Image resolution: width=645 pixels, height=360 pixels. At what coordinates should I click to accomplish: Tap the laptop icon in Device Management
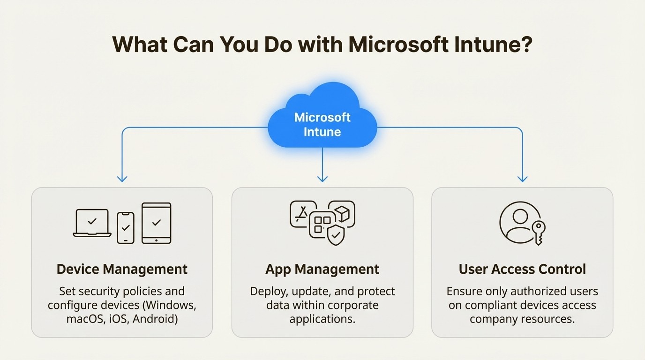pyautogui.click(x=92, y=223)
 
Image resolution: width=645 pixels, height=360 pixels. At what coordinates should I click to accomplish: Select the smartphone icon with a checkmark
pyautogui.click(x=125, y=228)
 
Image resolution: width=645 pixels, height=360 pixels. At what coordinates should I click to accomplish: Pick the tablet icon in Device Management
pyautogui.click(x=156, y=223)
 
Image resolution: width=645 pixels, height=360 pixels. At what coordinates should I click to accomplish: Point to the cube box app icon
pyautogui.click(x=342, y=214)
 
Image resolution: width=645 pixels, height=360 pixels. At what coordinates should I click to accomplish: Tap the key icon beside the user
pyautogui.click(x=538, y=232)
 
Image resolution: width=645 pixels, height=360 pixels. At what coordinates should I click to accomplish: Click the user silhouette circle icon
pyautogui.click(x=520, y=222)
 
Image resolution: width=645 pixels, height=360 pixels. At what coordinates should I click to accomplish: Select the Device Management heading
pyautogui.click(x=122, y=270)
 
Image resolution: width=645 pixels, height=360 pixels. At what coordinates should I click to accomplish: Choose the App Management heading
pyautogui.click(x=322, y=270)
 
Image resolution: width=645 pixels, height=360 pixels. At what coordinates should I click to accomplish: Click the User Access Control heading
pyautogui.click(x=522, y=270)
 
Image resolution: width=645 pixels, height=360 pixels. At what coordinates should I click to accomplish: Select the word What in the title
pyautogui.click(x=139, y=45)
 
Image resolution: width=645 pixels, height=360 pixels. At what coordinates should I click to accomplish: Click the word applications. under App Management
pyautogui.click(x=322, y=320)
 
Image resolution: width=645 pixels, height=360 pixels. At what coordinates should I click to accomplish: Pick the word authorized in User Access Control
pyautogui.click(x=530, y=292)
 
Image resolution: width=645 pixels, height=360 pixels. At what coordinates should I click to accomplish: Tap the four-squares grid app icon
pyautogui.click(x=322, y=224)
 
